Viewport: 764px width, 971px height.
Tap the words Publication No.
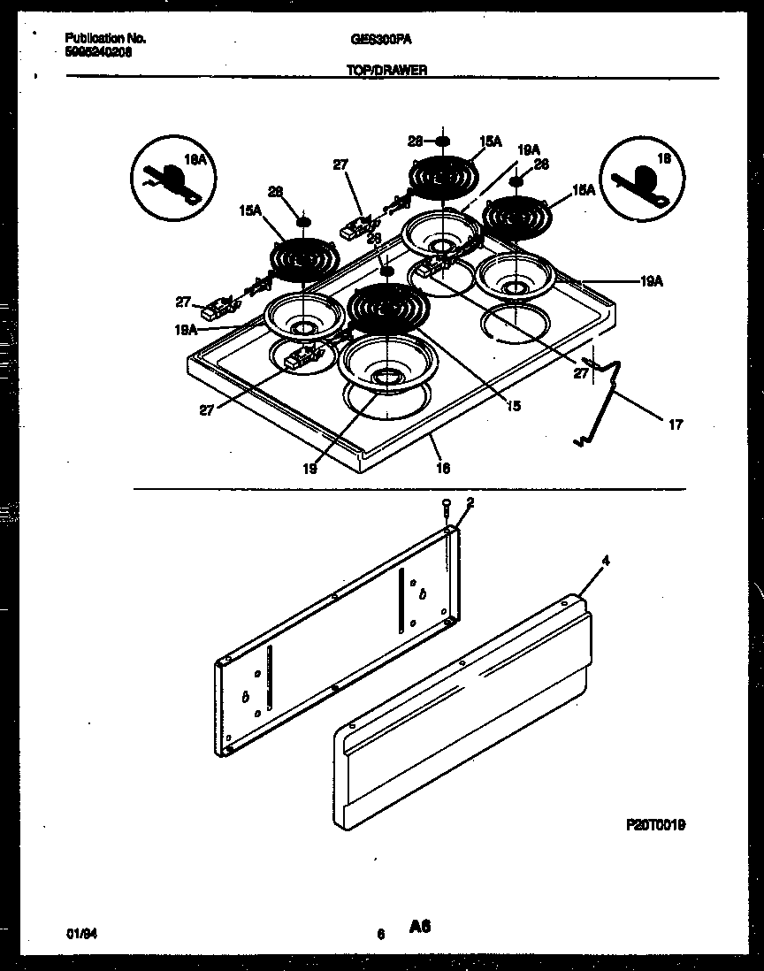[105, 39]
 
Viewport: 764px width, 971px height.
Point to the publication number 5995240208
[98, 51]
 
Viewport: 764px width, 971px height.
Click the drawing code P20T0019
[655, 824]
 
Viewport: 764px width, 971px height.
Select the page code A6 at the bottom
[419, 927]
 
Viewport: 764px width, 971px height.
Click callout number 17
[675, 424]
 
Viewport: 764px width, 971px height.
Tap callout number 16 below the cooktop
[443, 468]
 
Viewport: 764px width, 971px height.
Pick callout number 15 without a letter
[513, 406]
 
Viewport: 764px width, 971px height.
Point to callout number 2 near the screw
[470, 502]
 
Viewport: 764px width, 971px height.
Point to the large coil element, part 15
[389, 309]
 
